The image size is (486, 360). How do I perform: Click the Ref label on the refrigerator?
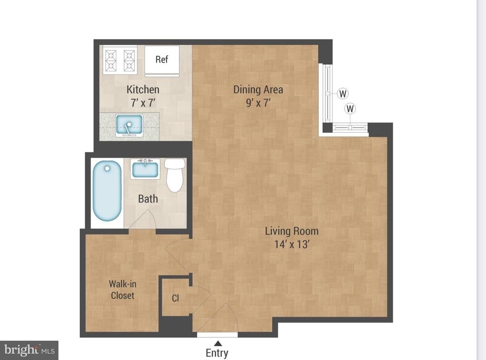coord(162,59)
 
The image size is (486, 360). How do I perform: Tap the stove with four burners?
coord(120,60)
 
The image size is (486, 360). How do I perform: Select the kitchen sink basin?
coord(129,125)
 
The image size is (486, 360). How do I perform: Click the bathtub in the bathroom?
coord(107,191)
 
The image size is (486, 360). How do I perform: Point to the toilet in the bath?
coord(175,175)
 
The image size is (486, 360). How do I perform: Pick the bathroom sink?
coord(145,169)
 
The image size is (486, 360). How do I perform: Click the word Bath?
coord(148,199)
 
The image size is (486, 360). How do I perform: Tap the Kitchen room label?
coord(143,90)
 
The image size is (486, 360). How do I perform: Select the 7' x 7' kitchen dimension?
coord(143,103)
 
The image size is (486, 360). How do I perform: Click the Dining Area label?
coord(258,90)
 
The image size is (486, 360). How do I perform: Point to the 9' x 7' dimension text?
coord(258,103)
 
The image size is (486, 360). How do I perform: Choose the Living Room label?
coord(292,231)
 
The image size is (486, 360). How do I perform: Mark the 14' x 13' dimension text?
coord(292,244)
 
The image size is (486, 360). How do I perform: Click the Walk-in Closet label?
coord(123,290)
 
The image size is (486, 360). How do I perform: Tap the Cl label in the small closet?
coord(175,298)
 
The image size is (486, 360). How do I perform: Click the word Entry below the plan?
coord(217,353)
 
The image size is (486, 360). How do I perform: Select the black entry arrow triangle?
coord(218,343)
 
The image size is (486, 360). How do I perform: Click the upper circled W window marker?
coord(343,93)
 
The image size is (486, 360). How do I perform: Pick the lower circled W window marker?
coord(350,108)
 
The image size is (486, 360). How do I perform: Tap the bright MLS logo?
coord(29,350)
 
